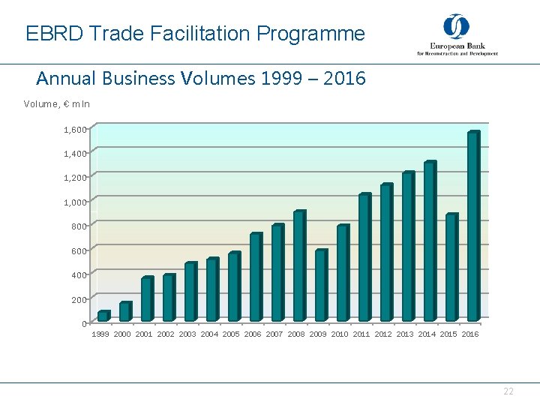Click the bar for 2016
click(472, 226)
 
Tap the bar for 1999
click(103, 316)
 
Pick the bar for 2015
click(451, 268)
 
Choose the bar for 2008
click(298, 266)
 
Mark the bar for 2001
click(146, 299)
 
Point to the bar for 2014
click(429, 241)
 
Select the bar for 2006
click(255, 277)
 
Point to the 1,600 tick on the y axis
click(75, 130)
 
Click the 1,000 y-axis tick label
click(75, 202)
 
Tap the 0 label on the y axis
click(83, 324)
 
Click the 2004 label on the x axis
click(209, 334)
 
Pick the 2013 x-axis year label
click(405, 334)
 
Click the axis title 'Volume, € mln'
click(57, 104)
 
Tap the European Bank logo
click(457, 35)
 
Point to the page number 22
click(508, 391)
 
